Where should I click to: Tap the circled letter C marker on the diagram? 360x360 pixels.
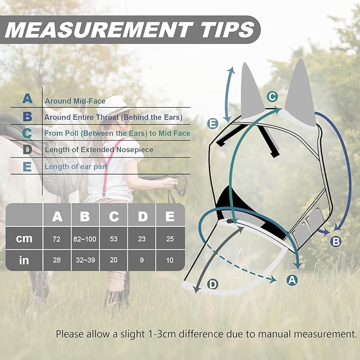pos(272,96)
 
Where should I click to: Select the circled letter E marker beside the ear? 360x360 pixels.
pos(213,124)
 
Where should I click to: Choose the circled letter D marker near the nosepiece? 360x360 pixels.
pos(213,285)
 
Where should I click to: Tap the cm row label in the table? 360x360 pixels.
pos(24,239)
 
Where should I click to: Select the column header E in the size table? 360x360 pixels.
pos(170,216)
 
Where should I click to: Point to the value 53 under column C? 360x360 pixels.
pos(113,239)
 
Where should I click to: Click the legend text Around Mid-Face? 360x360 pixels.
pos(75,101)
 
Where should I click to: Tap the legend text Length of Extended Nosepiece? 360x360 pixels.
pos(99,150)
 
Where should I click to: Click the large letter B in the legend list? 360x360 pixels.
pos(28,117)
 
